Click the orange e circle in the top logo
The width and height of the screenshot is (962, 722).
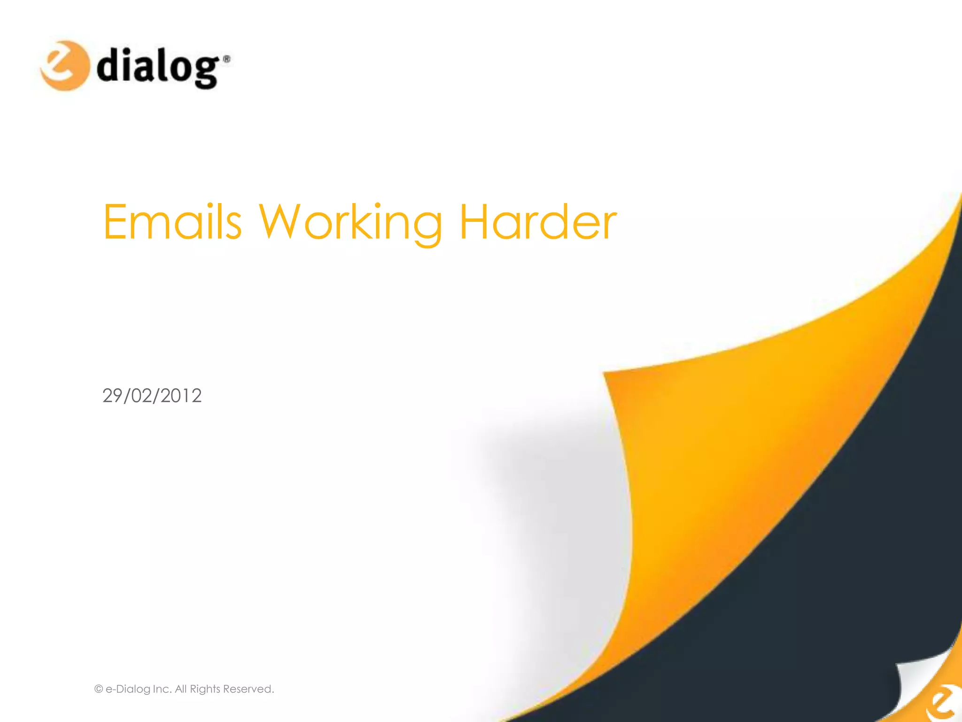64,65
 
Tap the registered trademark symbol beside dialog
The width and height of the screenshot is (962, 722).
226,59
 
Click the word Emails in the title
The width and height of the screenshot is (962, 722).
172,222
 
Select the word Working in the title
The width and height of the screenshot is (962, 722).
350,223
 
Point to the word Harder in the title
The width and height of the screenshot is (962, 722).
538,222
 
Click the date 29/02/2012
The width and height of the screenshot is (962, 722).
152,396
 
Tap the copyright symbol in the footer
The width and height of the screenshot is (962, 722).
99,689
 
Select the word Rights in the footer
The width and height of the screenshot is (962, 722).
205,689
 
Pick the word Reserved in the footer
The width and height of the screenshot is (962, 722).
248,689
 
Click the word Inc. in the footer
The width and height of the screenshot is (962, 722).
162,689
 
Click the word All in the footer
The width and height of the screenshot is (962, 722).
181,689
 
